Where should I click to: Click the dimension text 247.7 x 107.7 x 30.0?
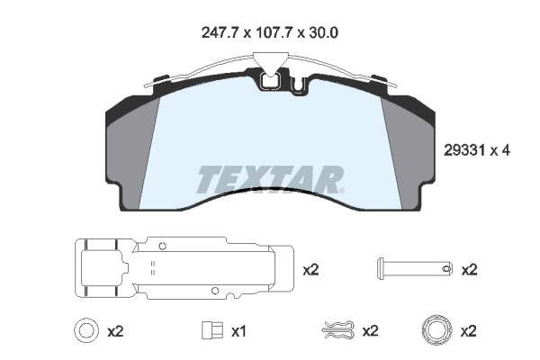[x=269, y=32]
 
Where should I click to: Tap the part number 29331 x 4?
[x=477, y=150]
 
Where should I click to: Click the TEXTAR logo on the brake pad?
[x=270, y=179]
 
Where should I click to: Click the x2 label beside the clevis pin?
[x=470, y=270]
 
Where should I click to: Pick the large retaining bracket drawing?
[x=184, y=268]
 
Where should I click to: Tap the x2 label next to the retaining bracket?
[x=310, y=270]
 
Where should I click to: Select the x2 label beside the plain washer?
[x=115, y=332]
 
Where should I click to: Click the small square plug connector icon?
[x=212, y=330]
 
